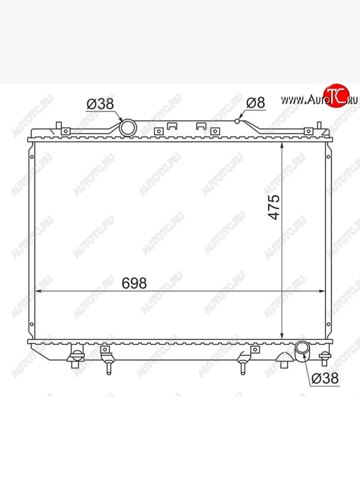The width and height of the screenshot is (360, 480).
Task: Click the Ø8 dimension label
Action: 255,103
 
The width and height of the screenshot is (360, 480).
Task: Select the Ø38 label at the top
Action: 100,104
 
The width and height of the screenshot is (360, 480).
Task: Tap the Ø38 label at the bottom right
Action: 325,378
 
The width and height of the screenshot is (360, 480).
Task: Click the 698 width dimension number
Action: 134,283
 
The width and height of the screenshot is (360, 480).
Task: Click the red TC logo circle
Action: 336,96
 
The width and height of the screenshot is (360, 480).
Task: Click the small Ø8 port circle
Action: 237,121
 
